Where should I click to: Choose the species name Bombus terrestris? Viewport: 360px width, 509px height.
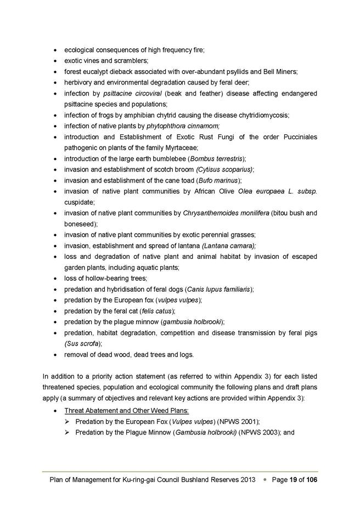216,159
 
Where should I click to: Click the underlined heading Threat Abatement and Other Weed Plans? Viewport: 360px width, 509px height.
126,411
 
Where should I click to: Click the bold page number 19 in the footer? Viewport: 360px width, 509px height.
294,479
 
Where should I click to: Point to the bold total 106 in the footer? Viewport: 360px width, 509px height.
311,479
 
